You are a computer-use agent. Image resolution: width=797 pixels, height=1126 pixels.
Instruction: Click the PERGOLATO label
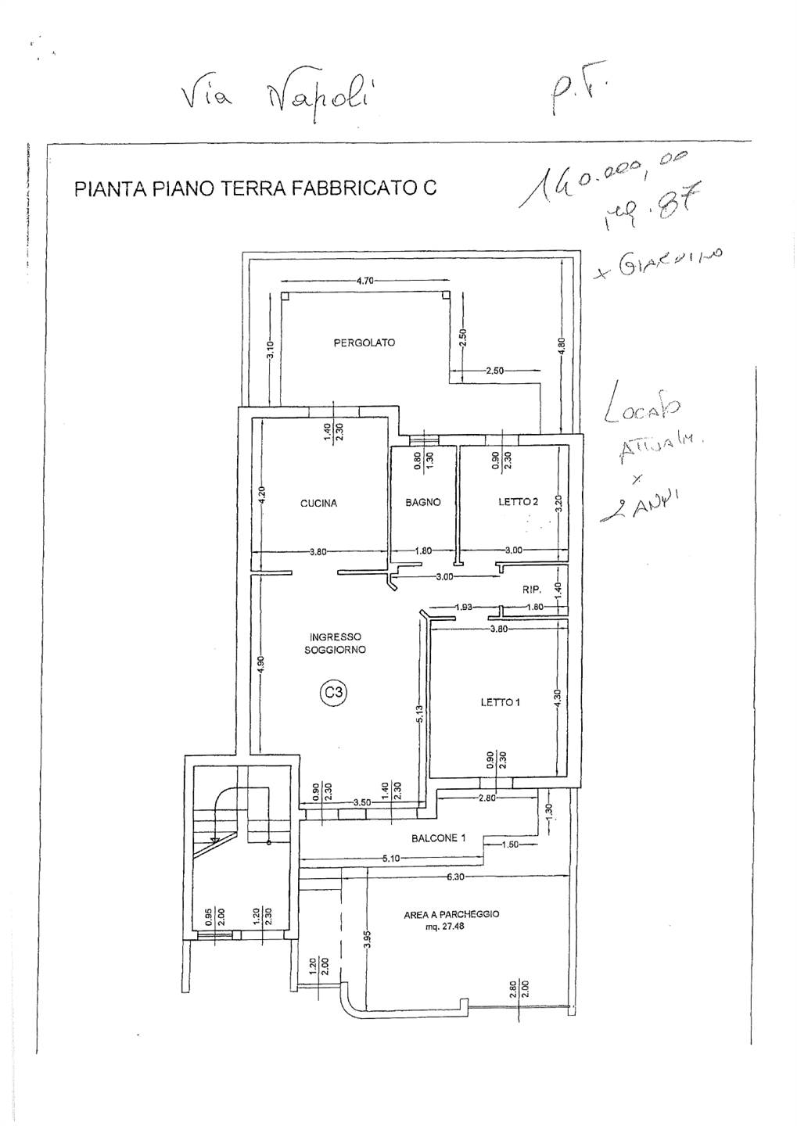pyautogui.click(x=364, y=342)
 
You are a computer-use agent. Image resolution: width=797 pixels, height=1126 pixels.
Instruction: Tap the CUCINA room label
pyautogui.click(x=318, y=504)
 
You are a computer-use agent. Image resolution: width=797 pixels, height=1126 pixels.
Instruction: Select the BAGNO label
pyautogui.click(x=422, y=503)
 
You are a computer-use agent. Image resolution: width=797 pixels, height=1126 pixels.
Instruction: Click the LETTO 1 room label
pyautogui.click(x=500, y=702)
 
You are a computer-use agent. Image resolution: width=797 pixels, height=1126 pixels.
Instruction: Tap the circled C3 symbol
pyautogui.click(x=334, y=692)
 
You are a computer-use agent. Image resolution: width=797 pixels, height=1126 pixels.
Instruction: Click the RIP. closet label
pyautogui.click(x=532, y=591)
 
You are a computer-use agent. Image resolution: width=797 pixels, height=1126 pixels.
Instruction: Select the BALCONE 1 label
pyautogui.click(x=438, y=838)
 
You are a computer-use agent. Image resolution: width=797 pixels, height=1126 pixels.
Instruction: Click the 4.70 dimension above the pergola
pyautogui.click(x=366, y=280)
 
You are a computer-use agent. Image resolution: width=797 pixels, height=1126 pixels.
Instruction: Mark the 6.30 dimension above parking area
pyautogui.click(x=456, y=877)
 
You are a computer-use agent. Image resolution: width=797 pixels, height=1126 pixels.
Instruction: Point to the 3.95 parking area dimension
pyautogui.click(x=366, y=940)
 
